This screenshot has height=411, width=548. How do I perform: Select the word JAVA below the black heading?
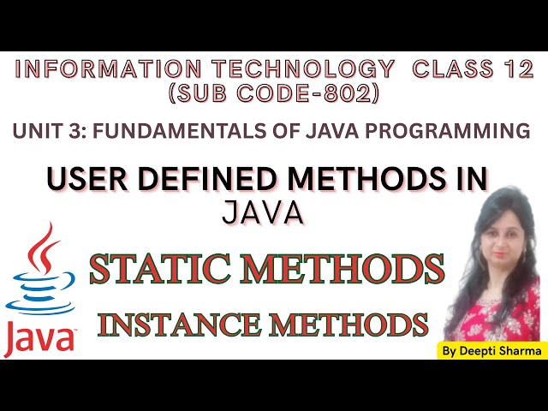point(263,212)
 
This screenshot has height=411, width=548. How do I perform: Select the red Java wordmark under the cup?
point(39,339)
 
